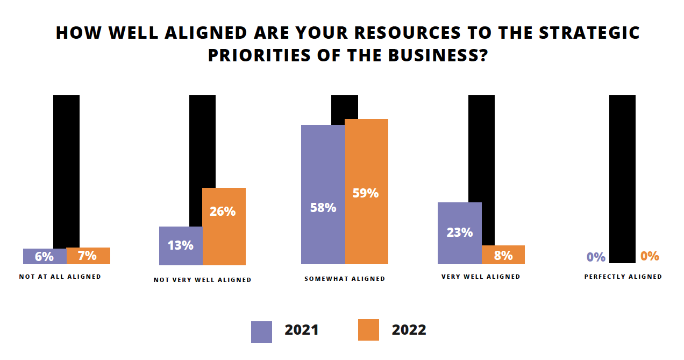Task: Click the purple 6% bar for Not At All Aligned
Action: pyautogui.click(x=45, y=256)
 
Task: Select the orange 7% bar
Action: pyautogui.click(x=88, y=256)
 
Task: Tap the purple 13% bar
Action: pyautogui.click(x=181, y=245)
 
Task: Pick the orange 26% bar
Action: pyautogui.click(x=224, y=226)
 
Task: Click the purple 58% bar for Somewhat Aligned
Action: pyautogui.click(x=323, y=194)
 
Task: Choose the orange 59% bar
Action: pyautogui.click(x=366, y=191)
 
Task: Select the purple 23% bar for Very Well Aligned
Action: pyautogui.click(x=459, y=233)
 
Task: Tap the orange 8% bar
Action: pyautogui.click(x=503, y=255)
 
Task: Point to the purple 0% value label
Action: pyautogui.click(x=596, y=257)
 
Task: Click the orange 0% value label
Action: pyautogui.click(x=650, y=256)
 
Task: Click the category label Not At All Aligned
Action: pyautogui.click(x=60, y=277)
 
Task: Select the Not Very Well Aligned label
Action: pyautogui.click(x=202, y=280)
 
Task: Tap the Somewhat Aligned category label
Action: pyautogui.click(x=345, y=279)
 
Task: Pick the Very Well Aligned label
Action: pyautogui.click(x=481, y=277)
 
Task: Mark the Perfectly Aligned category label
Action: pyautogui.click(x=623, y=277)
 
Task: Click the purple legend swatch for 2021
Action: pyautogui.click(x=261, y=331)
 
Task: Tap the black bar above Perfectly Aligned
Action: pyautogui.click(x=622, y=172)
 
